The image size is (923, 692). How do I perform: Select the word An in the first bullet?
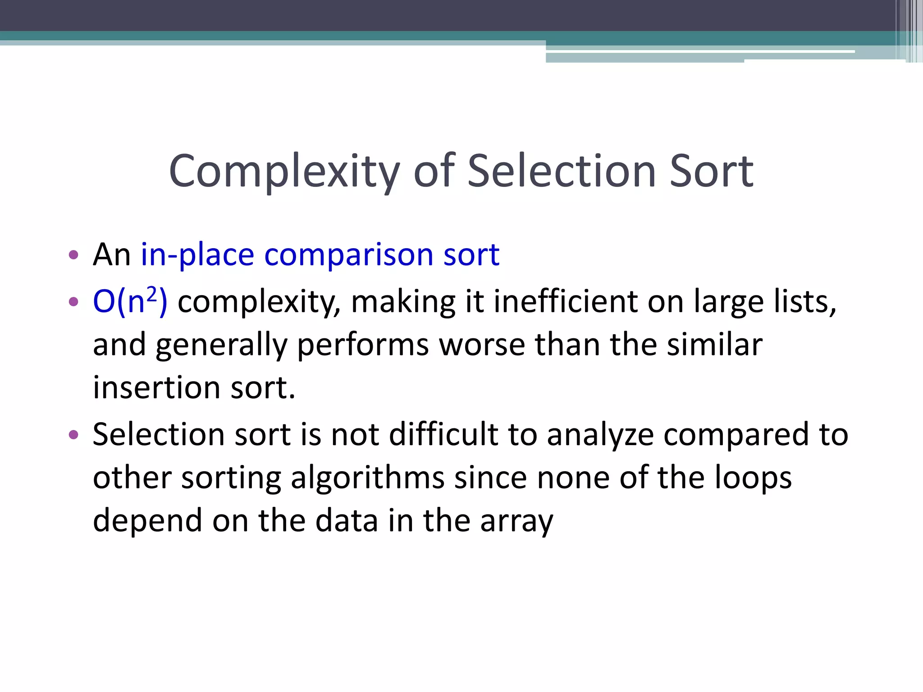pos(111,255)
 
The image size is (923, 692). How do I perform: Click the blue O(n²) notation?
pos(130,300)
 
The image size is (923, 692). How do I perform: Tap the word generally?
pos(221,346)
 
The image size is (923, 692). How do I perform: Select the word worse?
pos(482,345)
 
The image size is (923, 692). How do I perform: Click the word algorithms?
pos(368,478)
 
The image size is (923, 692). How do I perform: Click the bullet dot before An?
pos(73,255)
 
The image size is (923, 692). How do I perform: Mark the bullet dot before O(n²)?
pos(73,301)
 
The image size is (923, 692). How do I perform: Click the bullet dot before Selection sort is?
pos(73,435)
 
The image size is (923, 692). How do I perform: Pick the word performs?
pos(363,346)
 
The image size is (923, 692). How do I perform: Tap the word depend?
pos(147,521)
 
